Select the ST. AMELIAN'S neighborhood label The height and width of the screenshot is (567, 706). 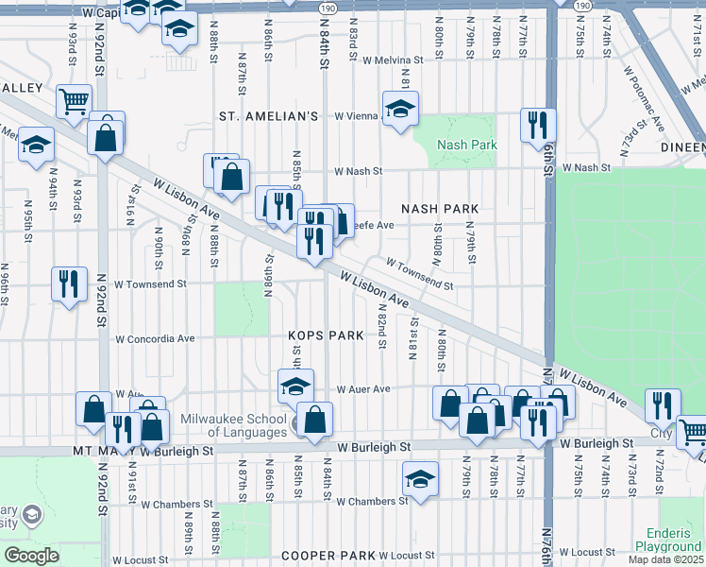click(x=268, y=116)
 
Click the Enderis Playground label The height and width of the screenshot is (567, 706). click(x=667, y=540)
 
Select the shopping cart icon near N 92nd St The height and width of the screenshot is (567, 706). click(x=74, y=100)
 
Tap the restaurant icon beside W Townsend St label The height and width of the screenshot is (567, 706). click(x=67, y=283)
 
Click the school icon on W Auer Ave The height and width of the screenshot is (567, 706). click(x=294, y=385)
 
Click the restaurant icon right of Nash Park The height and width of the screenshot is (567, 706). click(x=538, y=124)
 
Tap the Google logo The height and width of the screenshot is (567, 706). click(x=32, y=555)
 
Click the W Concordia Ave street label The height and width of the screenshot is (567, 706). click(x=154, y=338)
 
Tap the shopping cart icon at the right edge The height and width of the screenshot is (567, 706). click(x=693, y=432)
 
